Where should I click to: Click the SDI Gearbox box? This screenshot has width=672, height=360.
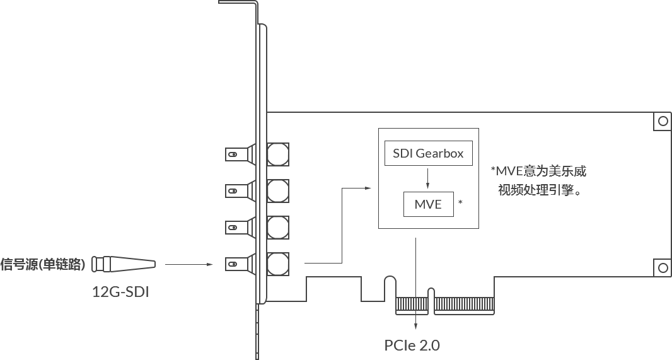coord(428,154)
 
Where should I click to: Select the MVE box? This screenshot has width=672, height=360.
coord(428,204)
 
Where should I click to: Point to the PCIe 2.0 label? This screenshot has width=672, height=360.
coord(412,345)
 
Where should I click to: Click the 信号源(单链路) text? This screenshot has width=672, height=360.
coord(43,264)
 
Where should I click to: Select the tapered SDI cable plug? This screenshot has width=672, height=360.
coord(124,264)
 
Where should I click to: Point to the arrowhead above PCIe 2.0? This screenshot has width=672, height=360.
coord(415,327)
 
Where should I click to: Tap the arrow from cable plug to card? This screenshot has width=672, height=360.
coord(189,264)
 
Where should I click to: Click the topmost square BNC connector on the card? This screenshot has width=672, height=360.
coord(278,153)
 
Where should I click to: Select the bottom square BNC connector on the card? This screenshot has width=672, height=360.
coord(278,262)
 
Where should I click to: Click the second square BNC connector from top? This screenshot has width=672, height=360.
coord(278,190)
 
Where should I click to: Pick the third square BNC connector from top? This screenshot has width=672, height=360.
coord(278,226)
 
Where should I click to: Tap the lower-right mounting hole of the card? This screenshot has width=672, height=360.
coord(663,267)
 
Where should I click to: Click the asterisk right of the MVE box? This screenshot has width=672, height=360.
coord(461,203)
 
